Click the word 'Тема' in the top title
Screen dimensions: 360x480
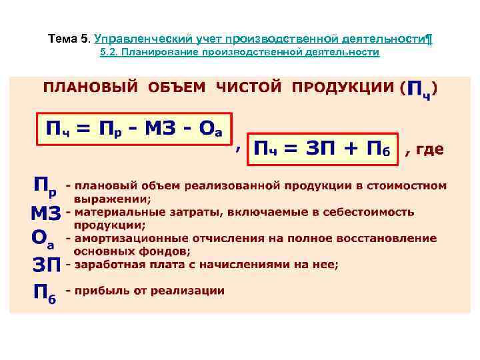coord(63,39)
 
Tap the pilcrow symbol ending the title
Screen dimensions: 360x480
coord(429,39)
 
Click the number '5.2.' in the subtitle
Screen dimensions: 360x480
coord(110,52)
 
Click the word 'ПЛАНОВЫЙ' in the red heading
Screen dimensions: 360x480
coord(91,87)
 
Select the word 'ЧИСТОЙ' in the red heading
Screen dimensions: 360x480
coord(248,87)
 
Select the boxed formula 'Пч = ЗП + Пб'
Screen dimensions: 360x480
coord(323,149)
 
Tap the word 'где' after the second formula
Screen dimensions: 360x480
coord(430,149)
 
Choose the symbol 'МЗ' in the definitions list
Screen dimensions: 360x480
coord(46,213)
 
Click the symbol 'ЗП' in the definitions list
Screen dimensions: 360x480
coord(47,265)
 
